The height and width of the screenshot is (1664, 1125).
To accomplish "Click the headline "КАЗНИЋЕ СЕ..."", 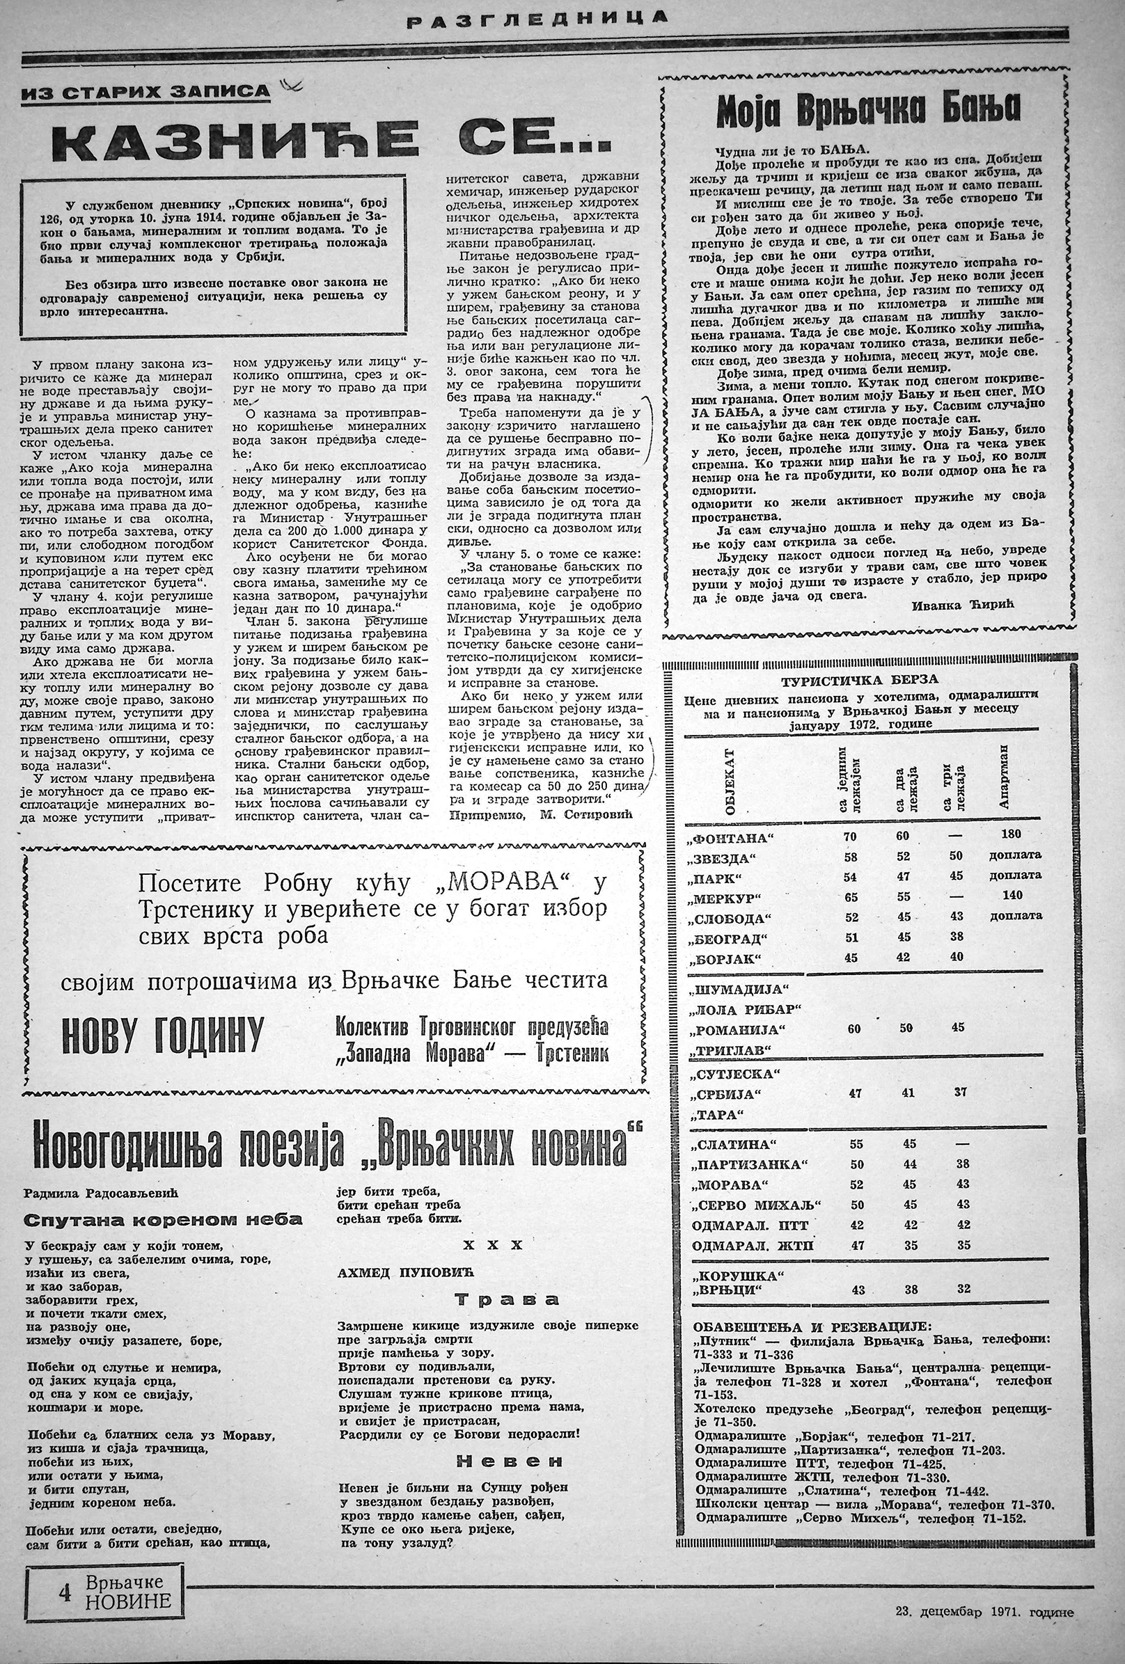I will [x=331, y=141].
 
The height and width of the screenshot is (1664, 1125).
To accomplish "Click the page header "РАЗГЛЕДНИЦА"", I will [x=537, y=19].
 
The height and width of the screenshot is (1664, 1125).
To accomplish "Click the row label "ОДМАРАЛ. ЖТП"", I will [x=753, y=1245].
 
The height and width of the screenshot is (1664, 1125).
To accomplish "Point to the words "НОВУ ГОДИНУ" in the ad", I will [x=163, y=1034].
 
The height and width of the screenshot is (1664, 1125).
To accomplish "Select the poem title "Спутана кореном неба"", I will [x=163, y=1219].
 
